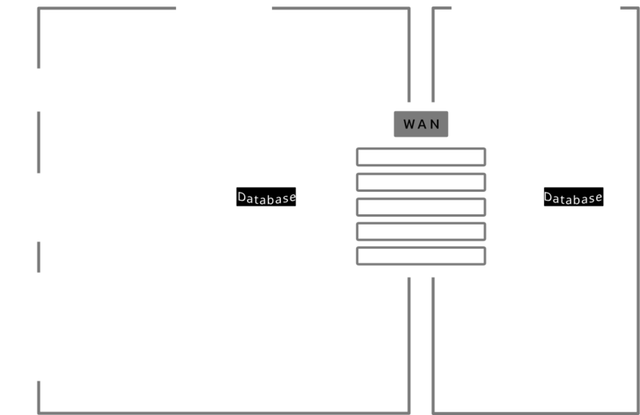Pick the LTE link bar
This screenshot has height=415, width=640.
421,232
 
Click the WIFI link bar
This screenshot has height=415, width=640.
421,257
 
